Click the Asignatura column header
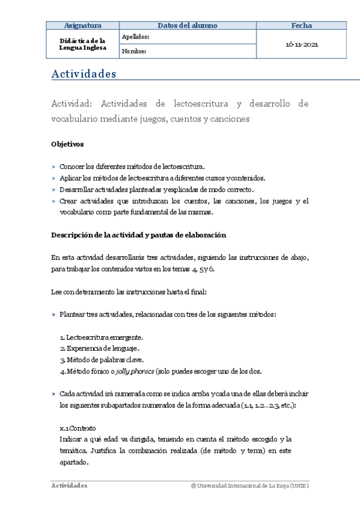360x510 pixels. (82, 25)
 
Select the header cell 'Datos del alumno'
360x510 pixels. (188, 25)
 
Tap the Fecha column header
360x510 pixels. (301, 25)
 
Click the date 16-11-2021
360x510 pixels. (301, 45)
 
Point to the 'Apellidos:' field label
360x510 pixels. (135, 37)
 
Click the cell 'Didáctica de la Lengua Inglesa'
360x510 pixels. (82, 45)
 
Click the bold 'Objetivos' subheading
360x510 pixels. (67, 144)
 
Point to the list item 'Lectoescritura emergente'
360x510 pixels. (103, 337)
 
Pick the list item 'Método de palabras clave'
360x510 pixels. (103, 359)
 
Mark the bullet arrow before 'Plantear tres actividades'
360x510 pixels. (53, 315)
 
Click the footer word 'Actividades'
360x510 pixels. (69, 485)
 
